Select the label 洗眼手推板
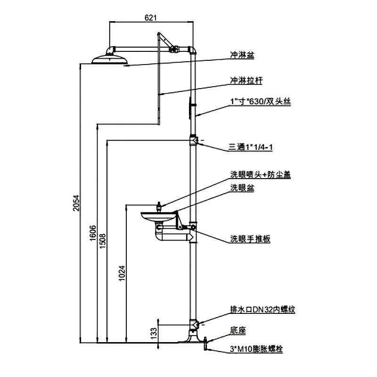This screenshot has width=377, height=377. pos(250,239)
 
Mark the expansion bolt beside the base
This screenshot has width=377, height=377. pos(206,344)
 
